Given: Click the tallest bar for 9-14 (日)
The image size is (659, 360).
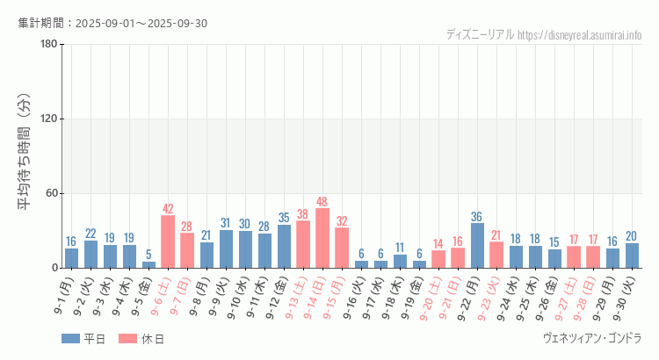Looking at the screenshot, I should (322, 238).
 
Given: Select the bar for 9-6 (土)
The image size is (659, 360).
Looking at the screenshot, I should (168, 241).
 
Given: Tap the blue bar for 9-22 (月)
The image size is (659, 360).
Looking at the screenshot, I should (477, 246).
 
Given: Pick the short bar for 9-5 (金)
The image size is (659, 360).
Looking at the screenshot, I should (148, 264).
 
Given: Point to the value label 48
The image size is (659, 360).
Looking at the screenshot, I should (322, 201).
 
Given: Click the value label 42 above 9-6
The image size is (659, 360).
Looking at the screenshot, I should (168, 209).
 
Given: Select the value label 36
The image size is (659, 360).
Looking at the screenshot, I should (477, 216).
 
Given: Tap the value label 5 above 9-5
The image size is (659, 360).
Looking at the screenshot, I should (148, 255).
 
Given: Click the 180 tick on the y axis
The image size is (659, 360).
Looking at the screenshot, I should (49, 45).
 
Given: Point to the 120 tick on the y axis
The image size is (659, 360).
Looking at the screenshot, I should (49, 119).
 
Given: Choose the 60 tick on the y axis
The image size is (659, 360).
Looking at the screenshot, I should (52, 193).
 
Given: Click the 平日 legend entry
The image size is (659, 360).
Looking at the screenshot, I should (83, 339).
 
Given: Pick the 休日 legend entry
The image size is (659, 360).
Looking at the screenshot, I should (141, 339).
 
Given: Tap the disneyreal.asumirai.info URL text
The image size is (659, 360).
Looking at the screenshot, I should (580, 34).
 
